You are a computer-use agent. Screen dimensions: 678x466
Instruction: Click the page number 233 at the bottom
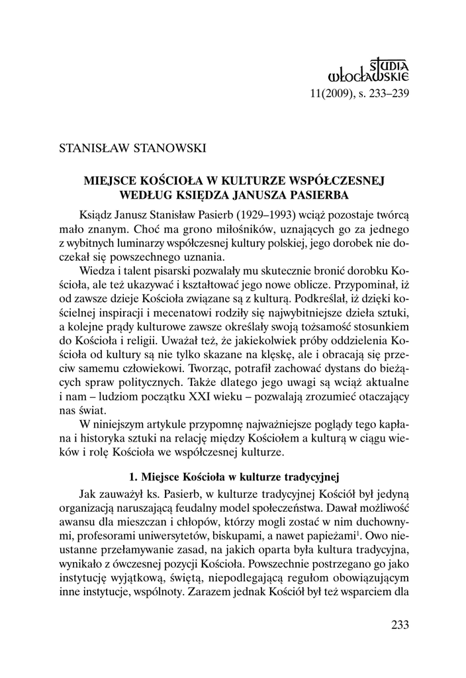(x=400, y=624)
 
